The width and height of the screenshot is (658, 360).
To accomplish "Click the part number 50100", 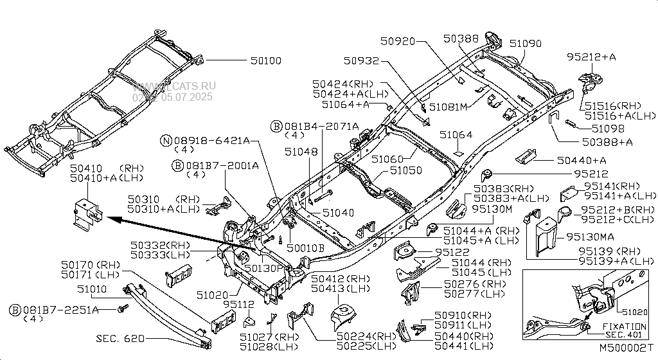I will [x=265, y=61].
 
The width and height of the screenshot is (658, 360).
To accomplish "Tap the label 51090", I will [x=525, y=44].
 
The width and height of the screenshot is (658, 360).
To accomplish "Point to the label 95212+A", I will [x=591, y=57].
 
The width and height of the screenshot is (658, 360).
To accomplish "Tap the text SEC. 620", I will [x=120, y=338].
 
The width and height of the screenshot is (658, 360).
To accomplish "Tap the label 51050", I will [x=406, y=171].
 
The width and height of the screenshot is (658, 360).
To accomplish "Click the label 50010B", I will [x=306, y=246].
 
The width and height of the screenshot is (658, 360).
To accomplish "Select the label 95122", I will [x=452, y=252].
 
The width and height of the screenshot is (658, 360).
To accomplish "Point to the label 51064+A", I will [x=346, y=104].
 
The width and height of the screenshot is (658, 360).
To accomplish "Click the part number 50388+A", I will [x=607, y=141].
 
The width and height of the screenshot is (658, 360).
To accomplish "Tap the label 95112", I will [x=238, y=304].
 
